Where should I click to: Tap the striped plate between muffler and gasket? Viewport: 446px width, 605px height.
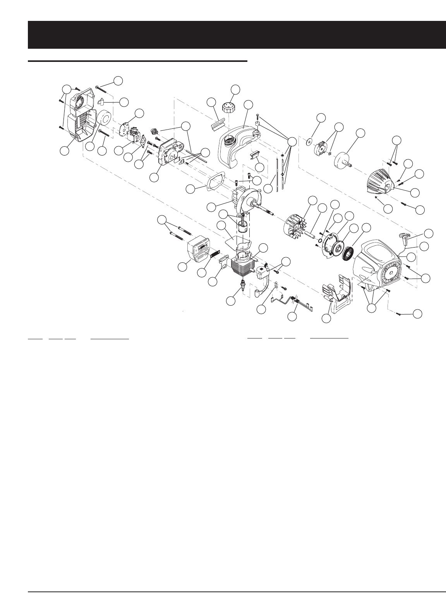215,255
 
